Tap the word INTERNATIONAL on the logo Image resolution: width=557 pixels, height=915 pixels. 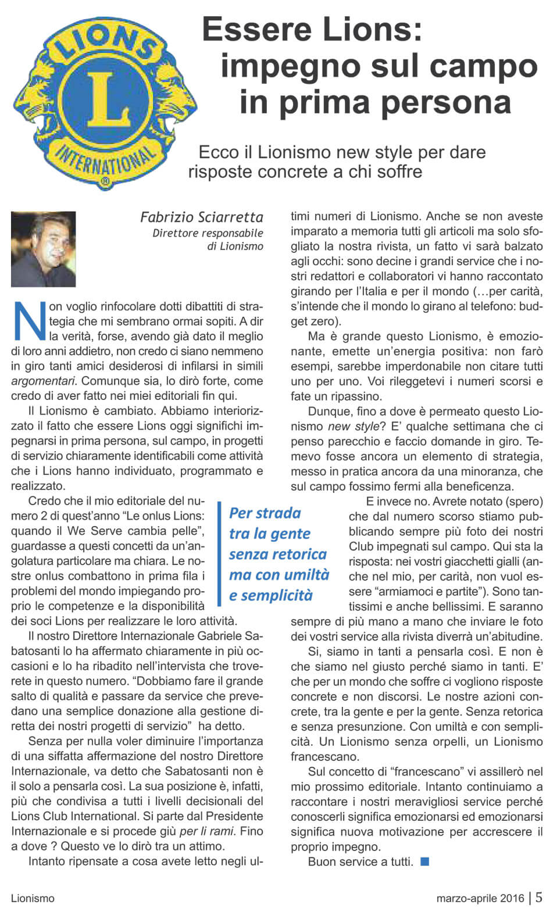(105, 160)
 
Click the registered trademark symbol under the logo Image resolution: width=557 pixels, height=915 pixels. (105, 182)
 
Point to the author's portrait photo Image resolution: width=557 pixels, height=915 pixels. (44, 249)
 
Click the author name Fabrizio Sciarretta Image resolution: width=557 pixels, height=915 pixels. (201, 217)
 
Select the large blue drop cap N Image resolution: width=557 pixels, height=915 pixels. (28, 320)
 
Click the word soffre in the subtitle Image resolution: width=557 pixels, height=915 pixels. (398, 172)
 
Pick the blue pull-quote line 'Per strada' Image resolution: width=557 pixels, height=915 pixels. (265, 513)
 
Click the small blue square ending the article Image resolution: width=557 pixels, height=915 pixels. (424, 861)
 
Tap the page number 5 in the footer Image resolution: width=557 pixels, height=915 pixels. (539, 897)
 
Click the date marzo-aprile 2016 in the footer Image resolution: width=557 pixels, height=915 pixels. (480, 898)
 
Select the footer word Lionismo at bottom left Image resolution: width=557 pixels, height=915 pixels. (33, 898)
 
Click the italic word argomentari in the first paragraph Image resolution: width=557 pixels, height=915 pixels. (43, 381)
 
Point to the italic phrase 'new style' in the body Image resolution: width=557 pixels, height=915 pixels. (354, 427)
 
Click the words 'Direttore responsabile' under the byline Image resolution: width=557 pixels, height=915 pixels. (208, 233)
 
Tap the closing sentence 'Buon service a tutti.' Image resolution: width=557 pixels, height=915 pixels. (360, 862)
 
